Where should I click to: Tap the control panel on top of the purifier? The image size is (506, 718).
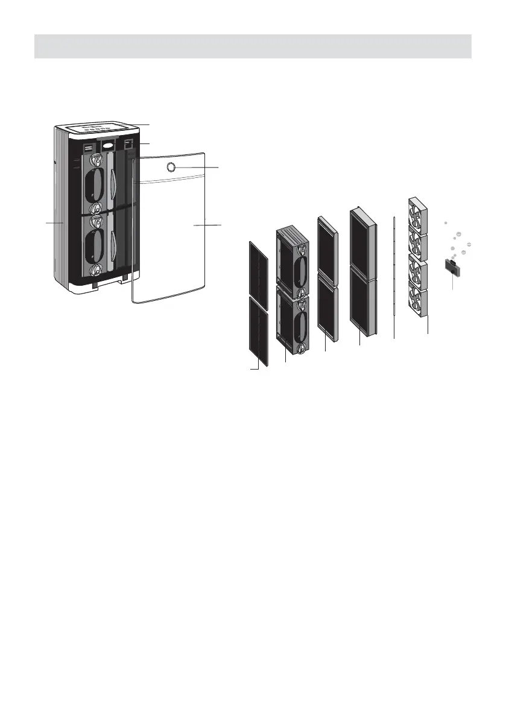pyautogui.click(x=100, y=128)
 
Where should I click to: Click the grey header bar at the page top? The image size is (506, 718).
pyautogui.click(x=253, y=46)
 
